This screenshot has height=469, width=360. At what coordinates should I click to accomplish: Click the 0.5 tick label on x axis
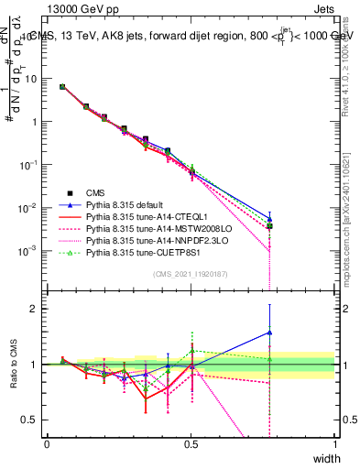(191, 443)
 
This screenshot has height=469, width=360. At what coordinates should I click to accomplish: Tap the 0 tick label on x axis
(47, 443)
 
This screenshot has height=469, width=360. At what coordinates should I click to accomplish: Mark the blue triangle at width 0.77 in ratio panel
(269, 333)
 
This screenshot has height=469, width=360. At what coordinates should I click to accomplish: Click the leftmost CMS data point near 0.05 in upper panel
(62, 87)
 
